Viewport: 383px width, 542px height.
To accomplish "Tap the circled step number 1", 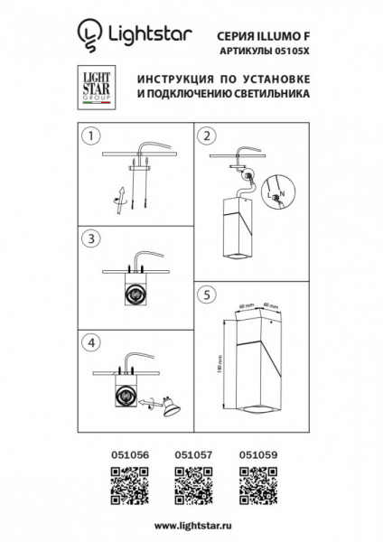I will coord(89,137).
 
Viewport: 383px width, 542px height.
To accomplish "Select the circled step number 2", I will coord(209,137).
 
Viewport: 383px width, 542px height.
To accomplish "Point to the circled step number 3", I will coord(89,238).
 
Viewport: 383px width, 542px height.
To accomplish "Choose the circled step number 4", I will coord(89,343).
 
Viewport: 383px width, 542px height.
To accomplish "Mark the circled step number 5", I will coord(209,294).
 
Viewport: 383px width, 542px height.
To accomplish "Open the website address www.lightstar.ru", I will coord(191,526).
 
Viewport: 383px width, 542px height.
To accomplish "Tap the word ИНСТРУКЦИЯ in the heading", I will coord(173,79).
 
